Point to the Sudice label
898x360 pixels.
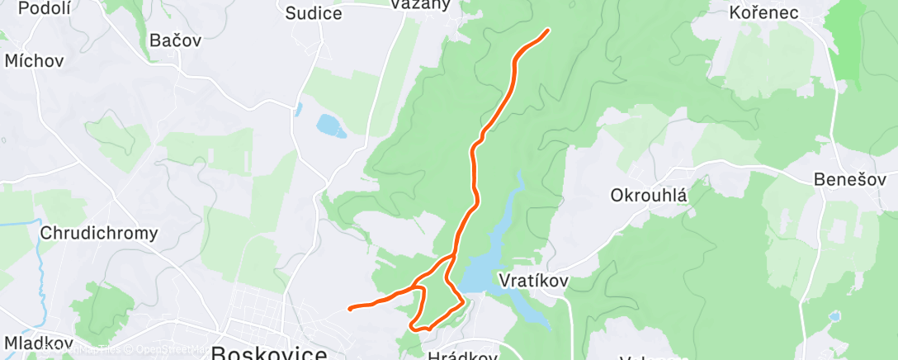[x=313, y=12]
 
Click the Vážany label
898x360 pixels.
[x=421, y=5]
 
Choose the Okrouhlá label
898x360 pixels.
[x=649, y=196]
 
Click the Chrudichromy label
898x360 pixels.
[x=99, y=233]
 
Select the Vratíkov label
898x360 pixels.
[x=533, y=281]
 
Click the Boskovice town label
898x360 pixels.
[x=268, y=353]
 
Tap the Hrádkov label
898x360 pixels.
[x=462, y=356]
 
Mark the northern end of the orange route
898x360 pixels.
[x=547, y=31]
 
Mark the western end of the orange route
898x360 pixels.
[x=351, y=309]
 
